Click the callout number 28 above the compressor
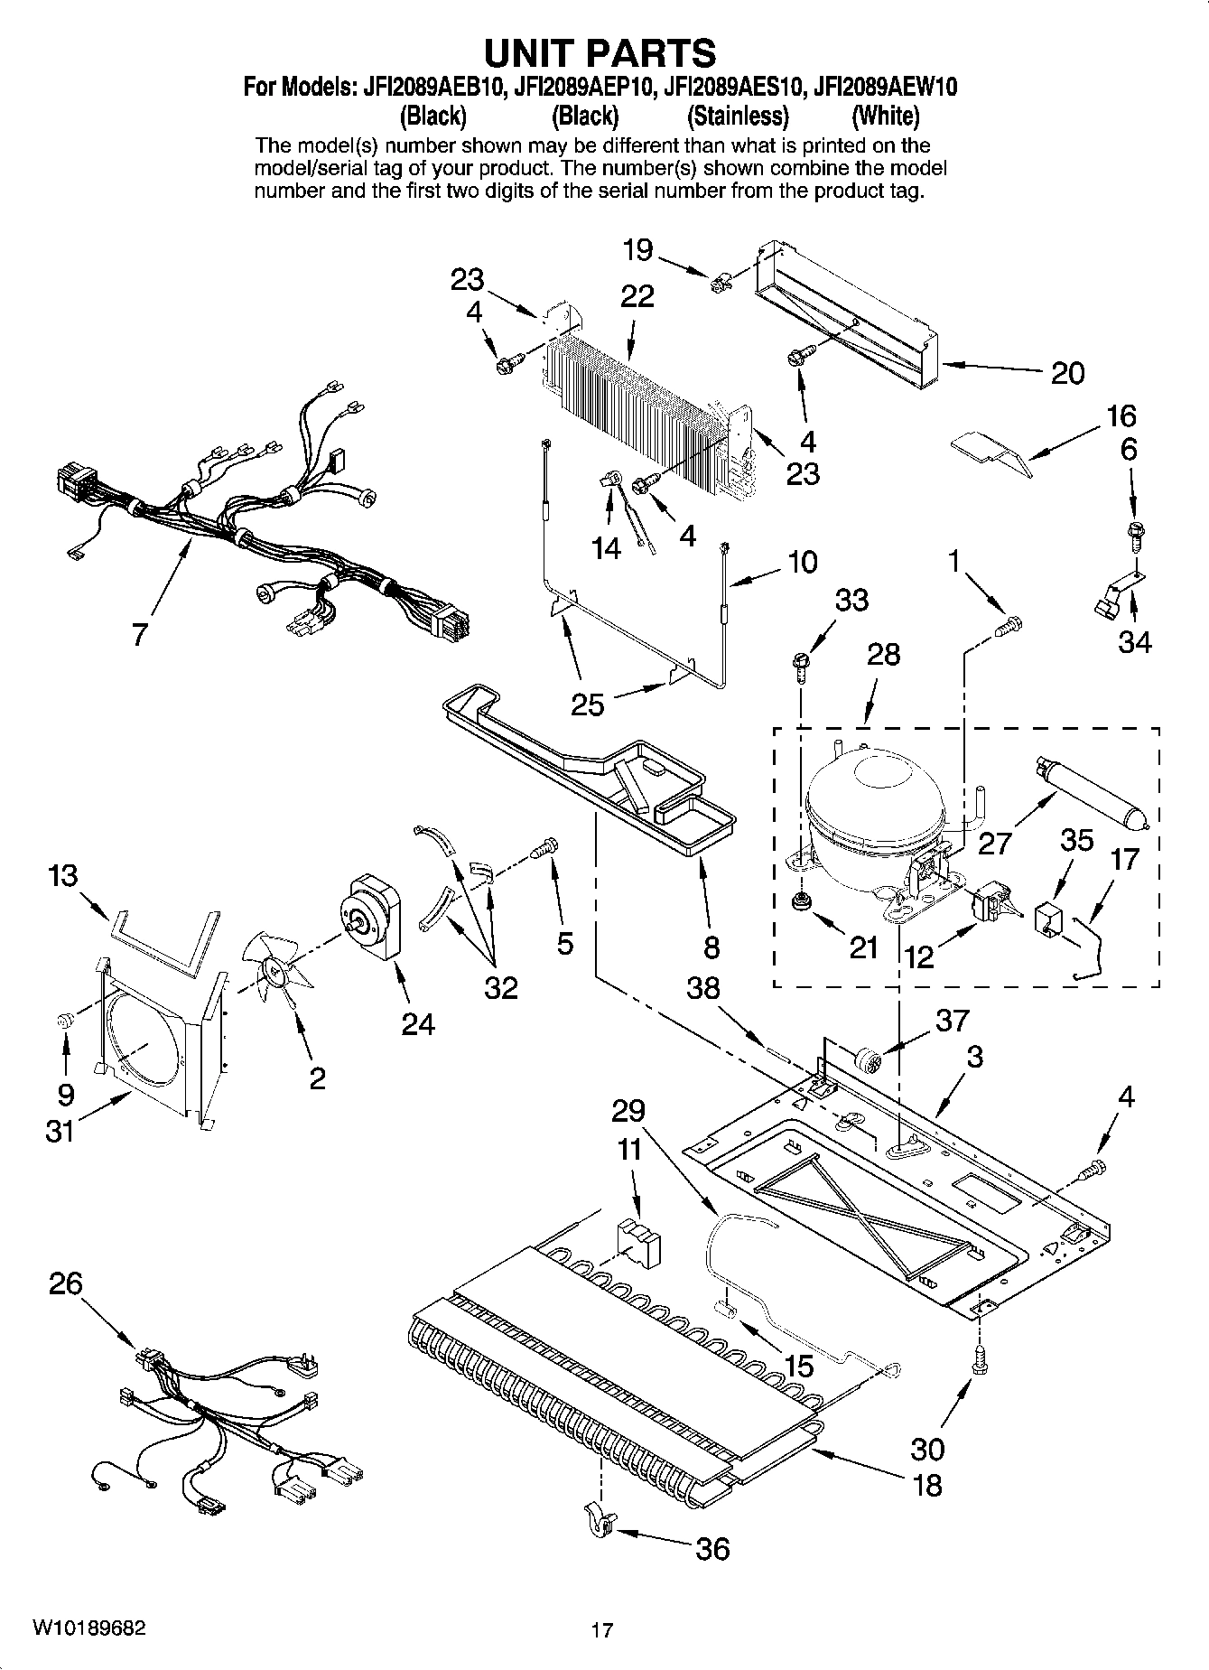coord(883,654)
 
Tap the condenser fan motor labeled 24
coord(373,919)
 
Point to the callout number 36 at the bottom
coord(712,1548)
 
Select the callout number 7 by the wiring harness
coord(138,635)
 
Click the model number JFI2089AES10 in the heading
coord(732,87)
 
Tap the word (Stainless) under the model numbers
coord(737,117)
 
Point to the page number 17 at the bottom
coord(602,1630)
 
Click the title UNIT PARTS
coord(600,53)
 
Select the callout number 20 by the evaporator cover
coord(1067,372)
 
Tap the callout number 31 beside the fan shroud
coord(60,1130)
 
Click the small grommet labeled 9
coord(65,1021)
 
